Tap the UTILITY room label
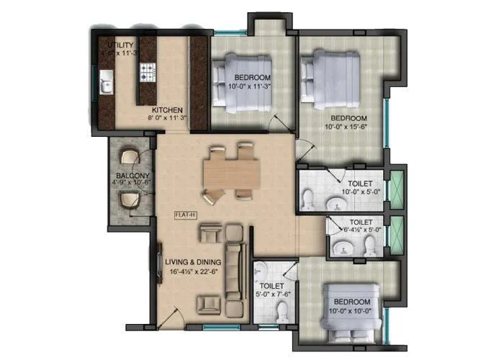pyautogui.click(x=120, y=45)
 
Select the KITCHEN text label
pyautogui.click(x=166, y=110)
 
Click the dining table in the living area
pyautogui.click(x=230, y=173)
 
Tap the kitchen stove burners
pyautogui.click(x=148, y=72)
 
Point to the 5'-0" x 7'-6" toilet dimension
pyautogui.click(x=272, y=294)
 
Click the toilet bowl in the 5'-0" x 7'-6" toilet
pyautogui.click(x=282, y=312)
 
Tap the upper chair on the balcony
pyautogui.click(x=131, y=158)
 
